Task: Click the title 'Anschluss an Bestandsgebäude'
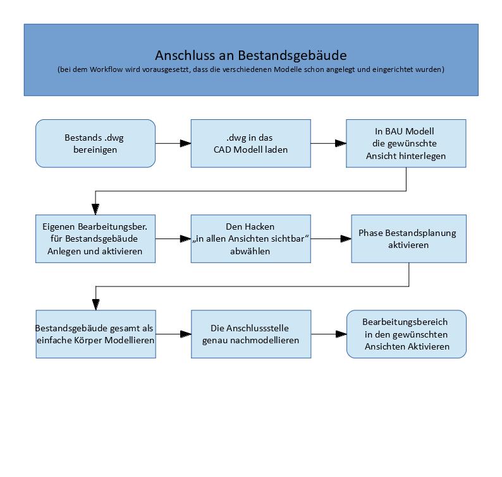tap(250, 55)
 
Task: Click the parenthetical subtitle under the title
tap(250, 69)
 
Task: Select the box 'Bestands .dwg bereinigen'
tap(95, 143)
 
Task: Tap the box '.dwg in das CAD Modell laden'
tap(250, 143)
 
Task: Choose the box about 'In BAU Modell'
tap(406, 143)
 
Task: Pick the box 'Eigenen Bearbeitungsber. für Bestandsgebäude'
tap(95, 238)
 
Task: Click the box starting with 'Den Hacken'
tap(250, 238)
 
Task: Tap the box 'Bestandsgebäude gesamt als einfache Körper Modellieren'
tap(95, 334)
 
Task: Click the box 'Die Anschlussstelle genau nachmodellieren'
tap(250, 334)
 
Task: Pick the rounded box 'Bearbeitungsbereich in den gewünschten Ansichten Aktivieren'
tap(407, 334)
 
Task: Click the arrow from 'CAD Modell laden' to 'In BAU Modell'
tap(328, 143)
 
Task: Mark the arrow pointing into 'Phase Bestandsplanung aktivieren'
tap(331, 239)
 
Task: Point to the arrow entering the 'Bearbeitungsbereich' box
tap(328, 334)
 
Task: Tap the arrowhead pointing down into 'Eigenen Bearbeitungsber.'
tap(95, 209)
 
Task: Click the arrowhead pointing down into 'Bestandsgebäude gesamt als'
tap(95, 305)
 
